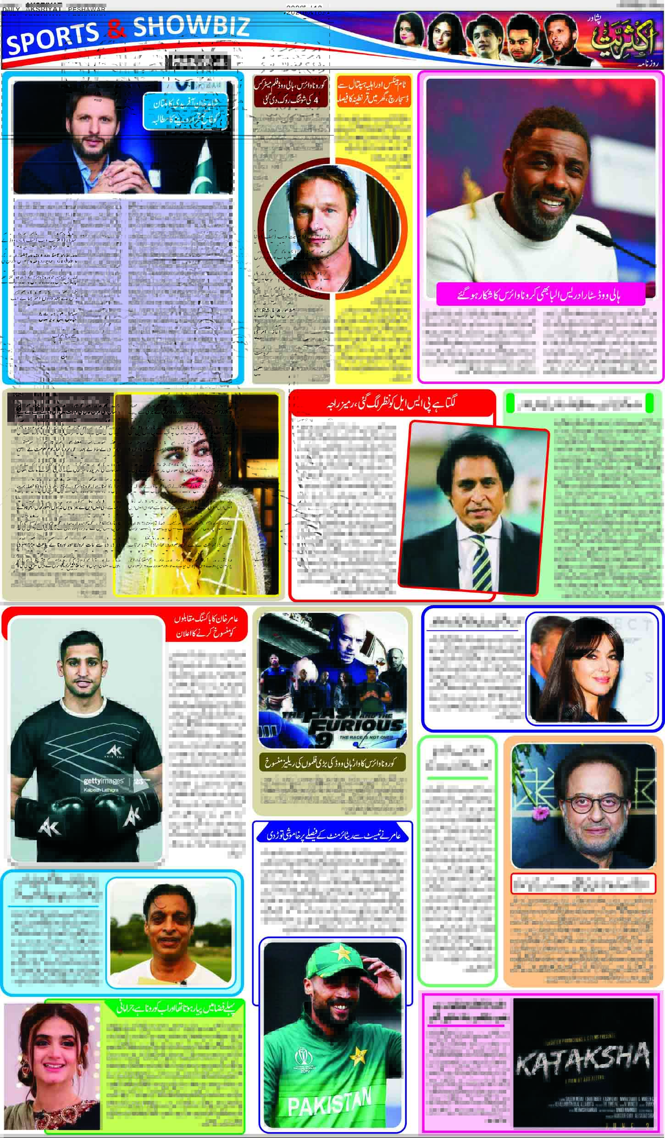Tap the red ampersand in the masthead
[117, 31]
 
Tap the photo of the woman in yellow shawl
[196, 494]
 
